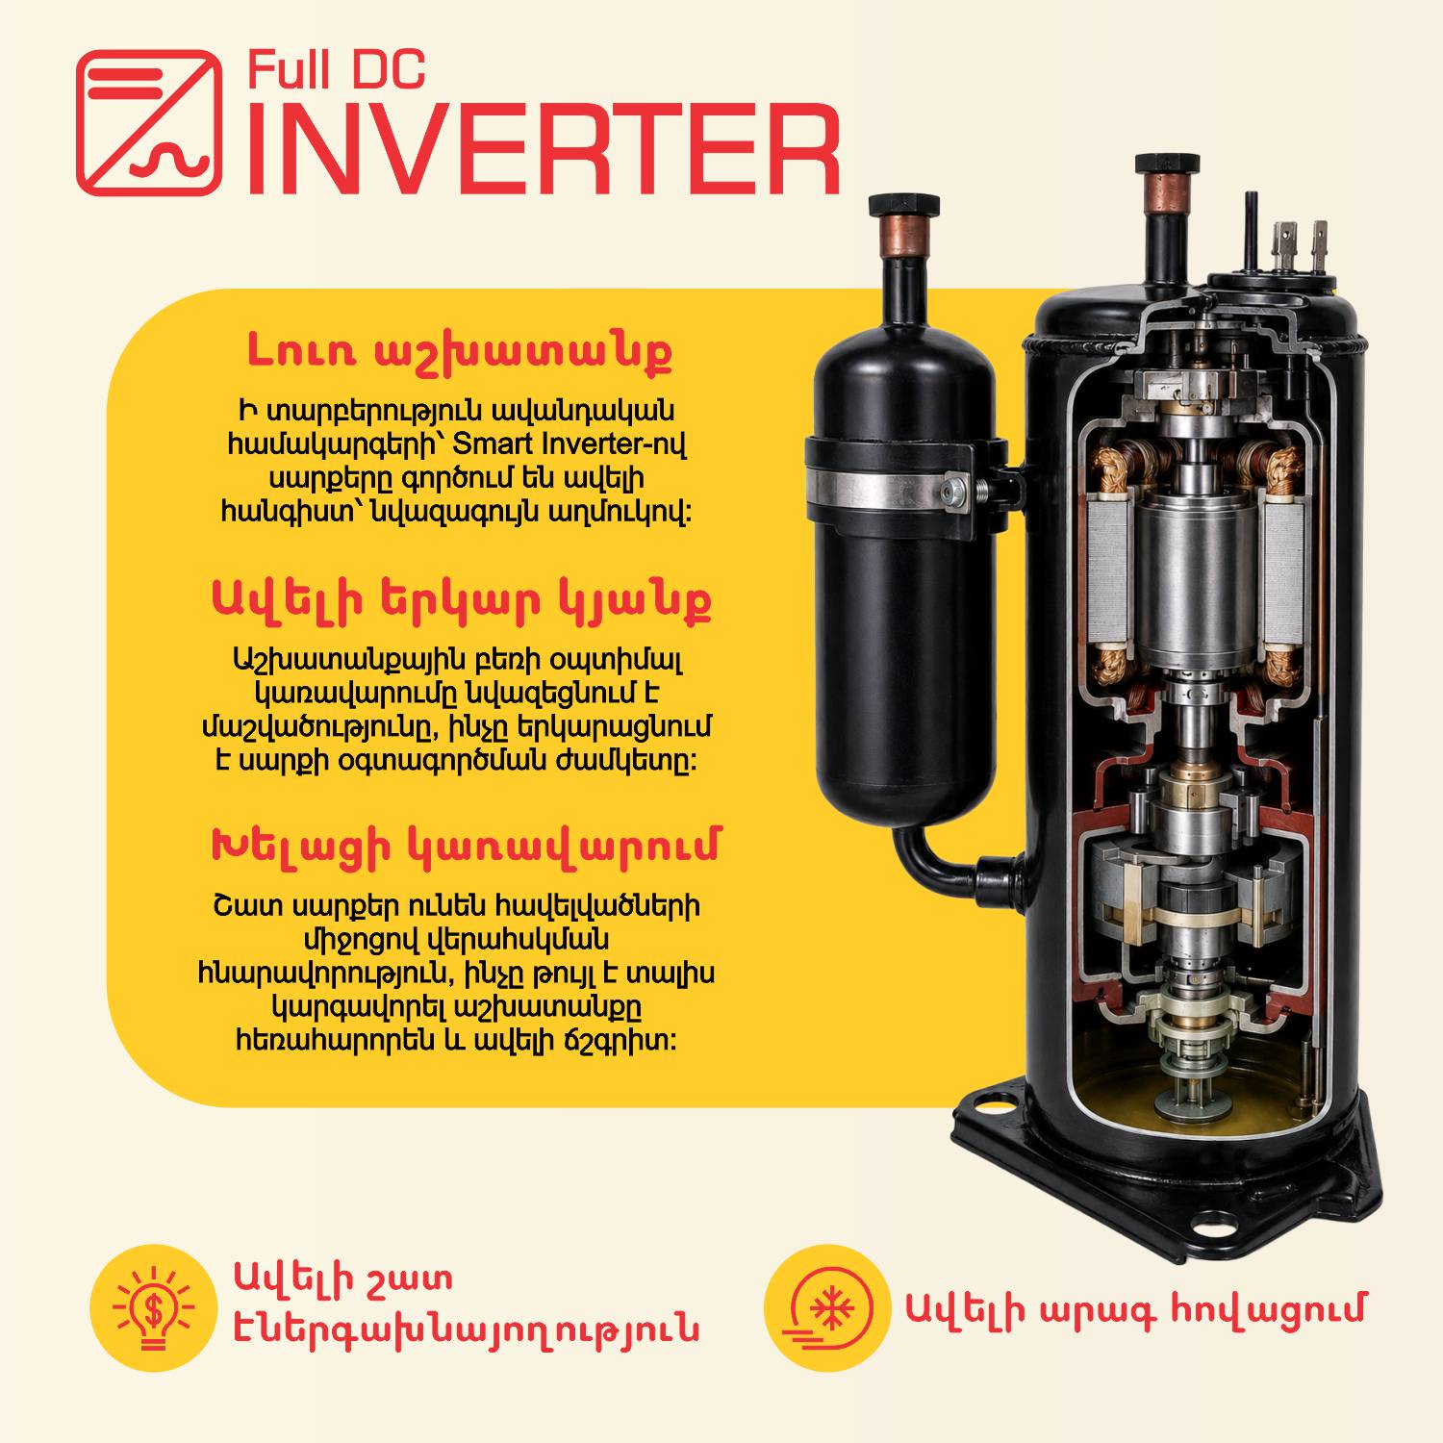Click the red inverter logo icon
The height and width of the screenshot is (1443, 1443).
point(148,123)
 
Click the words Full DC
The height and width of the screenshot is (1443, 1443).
point(337,72)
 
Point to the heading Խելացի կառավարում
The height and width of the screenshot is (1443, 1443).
point(464,846)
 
